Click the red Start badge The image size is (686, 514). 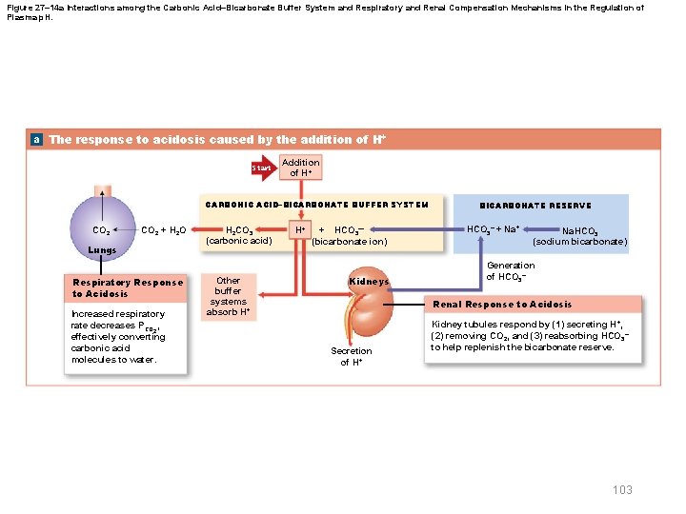tap(261, 168)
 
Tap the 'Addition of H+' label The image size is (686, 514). tap(301, 168)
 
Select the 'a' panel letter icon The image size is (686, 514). tap(36, 139)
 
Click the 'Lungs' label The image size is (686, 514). tap(102, 250)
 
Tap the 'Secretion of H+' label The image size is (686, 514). tap(352, 357)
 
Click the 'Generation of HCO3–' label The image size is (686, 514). tap(511, 271)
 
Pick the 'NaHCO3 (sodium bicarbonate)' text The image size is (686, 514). tap(580, 236)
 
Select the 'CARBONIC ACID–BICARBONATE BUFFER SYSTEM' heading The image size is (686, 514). tap(317, 205)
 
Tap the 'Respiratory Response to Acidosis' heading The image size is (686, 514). tap(128, 287)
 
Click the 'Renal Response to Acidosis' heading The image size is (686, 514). tap(502, 305)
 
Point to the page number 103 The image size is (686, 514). tap(622, 489)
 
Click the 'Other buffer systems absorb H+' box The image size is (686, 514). tap(229, 296)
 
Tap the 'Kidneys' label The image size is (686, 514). tap(369, 283)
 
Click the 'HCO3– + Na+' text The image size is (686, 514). tap(494, 229)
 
